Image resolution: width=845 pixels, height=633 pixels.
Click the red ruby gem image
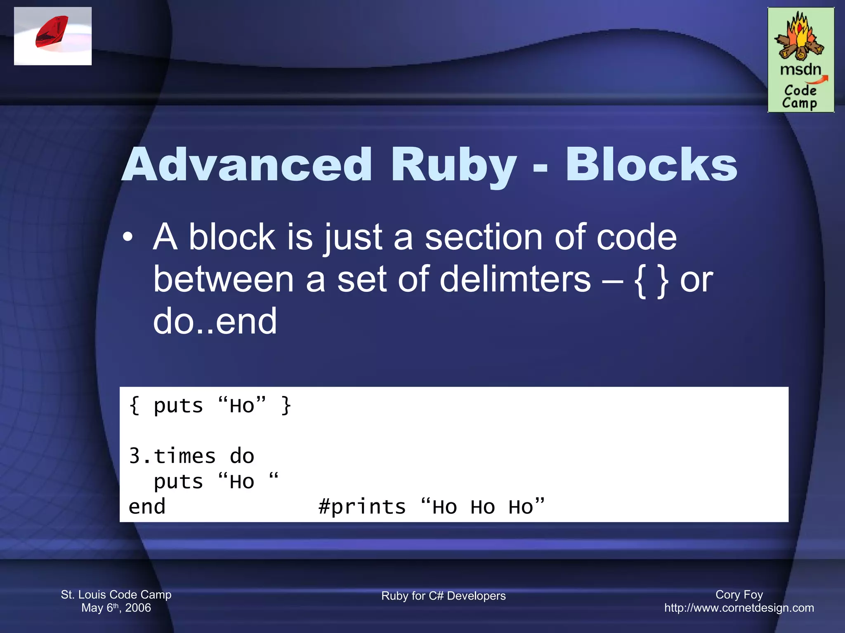pyautogui.click(x=52, y=32)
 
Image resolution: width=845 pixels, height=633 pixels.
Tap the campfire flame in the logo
pyautogui.click(x=800, y=33)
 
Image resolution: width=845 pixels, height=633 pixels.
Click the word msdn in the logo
pyautogui.click(x=800, y=69)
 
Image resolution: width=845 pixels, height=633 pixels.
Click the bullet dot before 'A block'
pyautogui.click(x=128, y=237)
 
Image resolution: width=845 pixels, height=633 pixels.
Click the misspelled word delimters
pyautogui.click(x=515, y=279)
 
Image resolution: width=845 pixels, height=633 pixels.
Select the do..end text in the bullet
pyautogui.click(x=215, y=321)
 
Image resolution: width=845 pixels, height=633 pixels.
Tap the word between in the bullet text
pyautogui.click(x=223, y=279)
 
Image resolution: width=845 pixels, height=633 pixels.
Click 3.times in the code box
pyautogui.click(x=172, y=456)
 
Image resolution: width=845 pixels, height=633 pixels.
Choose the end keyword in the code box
pyautogui.click(x=147, y=506)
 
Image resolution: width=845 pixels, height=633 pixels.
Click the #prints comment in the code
pyautogui.click(x=362, y=506)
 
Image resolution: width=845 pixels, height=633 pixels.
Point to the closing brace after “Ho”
pyautogui.click(x=286, y=406)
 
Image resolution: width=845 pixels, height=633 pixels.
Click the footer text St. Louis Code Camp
pyautogui.click(x=116, y=594)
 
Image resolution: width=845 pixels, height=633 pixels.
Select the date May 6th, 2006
pyautogui.click(x=116, y=608)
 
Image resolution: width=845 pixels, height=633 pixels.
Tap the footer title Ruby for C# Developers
pyautogui.click(x=443, y=596)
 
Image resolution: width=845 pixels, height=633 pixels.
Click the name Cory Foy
pyautogui.click(x=739, y=594)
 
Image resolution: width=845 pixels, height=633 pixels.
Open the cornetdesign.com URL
pyautogui.click(x=739, y=608)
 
